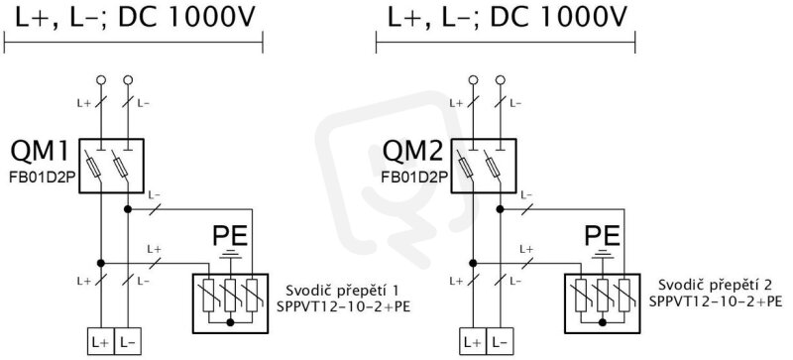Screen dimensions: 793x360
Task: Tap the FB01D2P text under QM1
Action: (x=43, y=178)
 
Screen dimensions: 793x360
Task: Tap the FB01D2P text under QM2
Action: (x=414, y=178)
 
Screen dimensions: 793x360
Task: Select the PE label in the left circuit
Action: (x=230, y=236)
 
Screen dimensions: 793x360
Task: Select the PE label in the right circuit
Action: (x=603, y=236)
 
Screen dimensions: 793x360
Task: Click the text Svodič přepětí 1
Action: (x=343, y=292)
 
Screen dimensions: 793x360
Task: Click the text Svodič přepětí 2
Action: (x=715, y=285)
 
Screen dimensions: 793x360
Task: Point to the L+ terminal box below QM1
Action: (x=101, y=341)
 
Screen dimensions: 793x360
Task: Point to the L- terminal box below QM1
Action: (x=128, y=341)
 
